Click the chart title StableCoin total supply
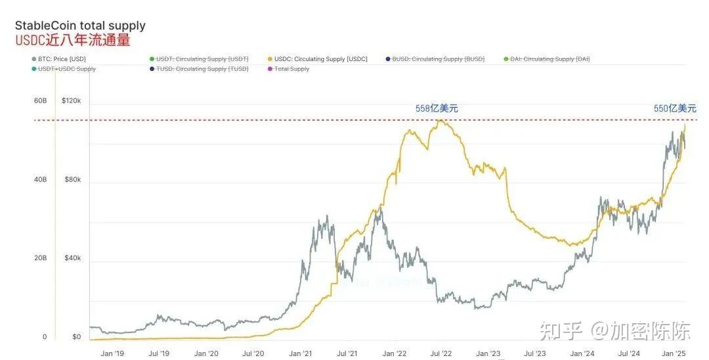80,26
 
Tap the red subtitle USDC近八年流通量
73,41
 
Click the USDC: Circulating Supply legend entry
322,59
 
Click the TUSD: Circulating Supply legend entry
202,69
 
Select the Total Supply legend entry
291,69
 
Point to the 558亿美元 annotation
437,108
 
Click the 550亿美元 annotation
675,108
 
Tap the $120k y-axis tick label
71,101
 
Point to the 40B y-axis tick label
40,180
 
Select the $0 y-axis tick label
76,337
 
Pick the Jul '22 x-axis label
442,353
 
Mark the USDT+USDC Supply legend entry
67,69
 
